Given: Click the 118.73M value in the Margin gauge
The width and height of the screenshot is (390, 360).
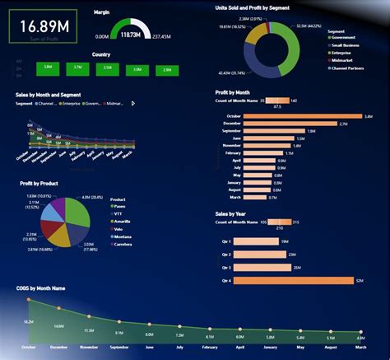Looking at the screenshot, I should pos(129,36).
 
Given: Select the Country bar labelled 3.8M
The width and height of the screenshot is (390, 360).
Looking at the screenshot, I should pos(49,67).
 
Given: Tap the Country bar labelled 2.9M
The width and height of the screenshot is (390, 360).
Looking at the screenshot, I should pos(167,70).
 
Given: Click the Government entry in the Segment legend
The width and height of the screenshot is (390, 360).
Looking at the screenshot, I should pos(344,37).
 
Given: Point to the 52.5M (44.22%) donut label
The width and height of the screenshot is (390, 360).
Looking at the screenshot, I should pos(309,26).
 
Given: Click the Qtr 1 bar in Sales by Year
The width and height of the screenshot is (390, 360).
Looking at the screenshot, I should pos(256,241).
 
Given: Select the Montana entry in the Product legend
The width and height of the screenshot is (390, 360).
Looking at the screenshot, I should pos(123,237).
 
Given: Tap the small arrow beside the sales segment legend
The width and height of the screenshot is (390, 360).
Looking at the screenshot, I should pos(134,104).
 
